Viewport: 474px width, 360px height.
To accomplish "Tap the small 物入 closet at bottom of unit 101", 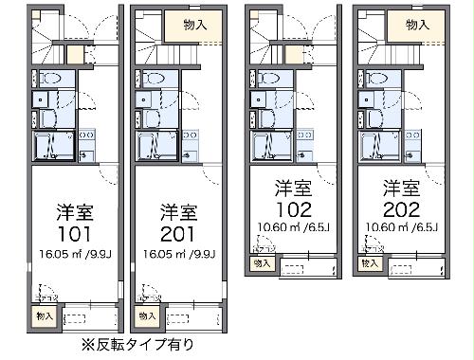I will [44, 315].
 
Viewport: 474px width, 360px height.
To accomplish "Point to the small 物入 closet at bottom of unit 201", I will [146, 315].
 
